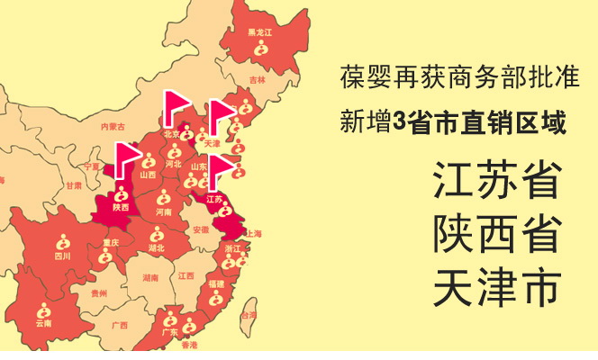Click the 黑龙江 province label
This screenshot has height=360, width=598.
[x=259, y=32]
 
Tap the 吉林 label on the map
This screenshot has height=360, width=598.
[x=258, y=80]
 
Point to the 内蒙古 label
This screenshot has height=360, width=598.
[x=113, y=126]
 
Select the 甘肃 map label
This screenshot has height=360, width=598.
[x=73, y=185]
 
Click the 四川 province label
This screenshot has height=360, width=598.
[x=62, y=256]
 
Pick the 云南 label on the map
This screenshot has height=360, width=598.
[x=43, y=322]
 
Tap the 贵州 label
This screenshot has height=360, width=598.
[x=99, y=292]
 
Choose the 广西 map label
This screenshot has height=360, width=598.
[x=119, y=324]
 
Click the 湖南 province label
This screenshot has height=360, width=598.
[x=150, y=279]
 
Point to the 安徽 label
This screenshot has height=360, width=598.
[x=200, y=229]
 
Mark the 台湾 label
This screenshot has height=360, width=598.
[x=248, y=315]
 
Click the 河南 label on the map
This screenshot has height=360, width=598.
[x=163, y=212]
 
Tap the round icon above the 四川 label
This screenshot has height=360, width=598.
[x=63, y=241]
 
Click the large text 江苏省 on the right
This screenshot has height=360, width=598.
[x=495, y=181]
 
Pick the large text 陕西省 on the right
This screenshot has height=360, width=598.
[x=495, y=233]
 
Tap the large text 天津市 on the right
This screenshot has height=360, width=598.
[x=495, y=285]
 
